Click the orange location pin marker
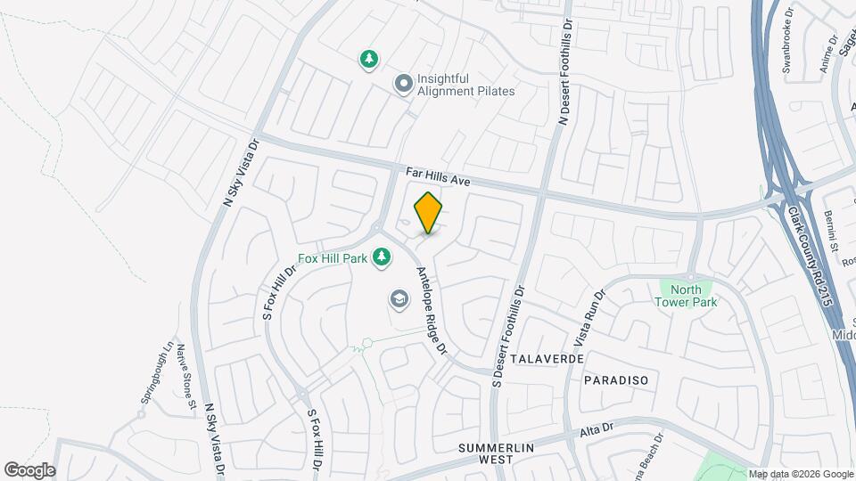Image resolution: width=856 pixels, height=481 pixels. pyautogui.click(x=429, y=212)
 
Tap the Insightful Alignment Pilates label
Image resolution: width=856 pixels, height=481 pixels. pyautogui.click(x=465, y=84)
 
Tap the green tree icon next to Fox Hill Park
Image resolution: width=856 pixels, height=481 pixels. pyautogui.click(x=382, y=257)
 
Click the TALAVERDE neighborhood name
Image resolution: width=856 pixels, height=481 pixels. pyautogui.click(x=548, y=358)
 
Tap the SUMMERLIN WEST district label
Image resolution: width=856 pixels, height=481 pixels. pyautogui.click(x=487, y=452)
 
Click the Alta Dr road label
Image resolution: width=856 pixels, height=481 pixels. pyautogui.click(x=597, y=429)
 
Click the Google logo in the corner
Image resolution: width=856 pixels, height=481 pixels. pyautogui.click(x=29, y=470)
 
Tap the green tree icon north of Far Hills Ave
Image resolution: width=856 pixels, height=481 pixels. pyautogui.click(x=368, y=60)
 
